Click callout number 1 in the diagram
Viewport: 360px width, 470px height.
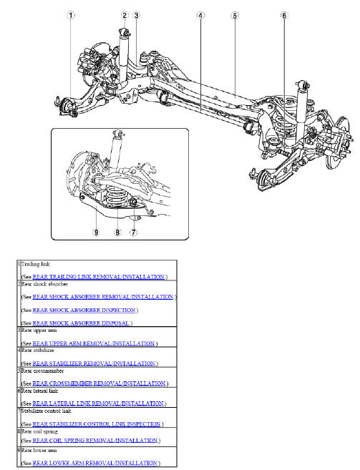[x=71, y=15]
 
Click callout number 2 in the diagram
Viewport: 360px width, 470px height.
[x=125, y=15]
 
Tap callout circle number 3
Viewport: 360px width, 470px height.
[x=136, y=15]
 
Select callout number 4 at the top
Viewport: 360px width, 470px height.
[x=201, y=15]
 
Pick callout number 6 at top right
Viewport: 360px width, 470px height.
[x=284, y=15]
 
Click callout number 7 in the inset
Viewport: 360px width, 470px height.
[x=133, y=232]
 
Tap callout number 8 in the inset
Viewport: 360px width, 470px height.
[x=117, y=232]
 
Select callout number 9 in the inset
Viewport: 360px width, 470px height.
[x=96, y=232]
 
